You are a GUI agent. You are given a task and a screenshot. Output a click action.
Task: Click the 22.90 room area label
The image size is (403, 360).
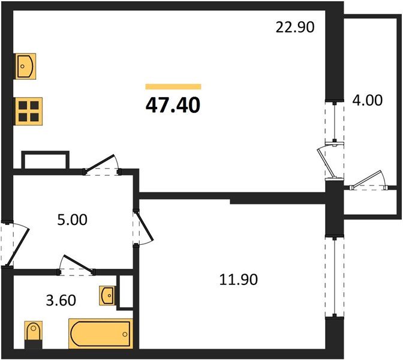[x=294, y=27]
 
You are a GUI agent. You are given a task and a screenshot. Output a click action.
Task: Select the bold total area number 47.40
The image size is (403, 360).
[x=173, y=105]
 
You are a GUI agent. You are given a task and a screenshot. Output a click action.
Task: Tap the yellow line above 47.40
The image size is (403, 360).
[x=173, y=86]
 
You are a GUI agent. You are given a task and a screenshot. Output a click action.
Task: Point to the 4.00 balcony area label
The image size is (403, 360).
[x=366, y=100]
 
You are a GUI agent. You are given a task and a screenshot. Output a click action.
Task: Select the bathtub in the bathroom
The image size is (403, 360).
[x=100, y=334]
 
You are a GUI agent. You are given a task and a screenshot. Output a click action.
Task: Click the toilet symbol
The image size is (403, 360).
[x=33, y=333]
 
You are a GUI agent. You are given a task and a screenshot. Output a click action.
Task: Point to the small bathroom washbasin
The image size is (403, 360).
[x=107, y=295]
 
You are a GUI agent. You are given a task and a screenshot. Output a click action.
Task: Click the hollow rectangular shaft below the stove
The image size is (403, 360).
[x=46, y=161]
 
